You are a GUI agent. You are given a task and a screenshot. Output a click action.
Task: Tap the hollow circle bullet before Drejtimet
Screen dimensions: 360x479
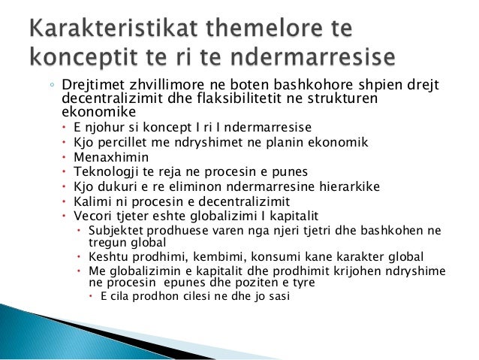52,87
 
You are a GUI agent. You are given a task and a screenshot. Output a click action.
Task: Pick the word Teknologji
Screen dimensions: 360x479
106,172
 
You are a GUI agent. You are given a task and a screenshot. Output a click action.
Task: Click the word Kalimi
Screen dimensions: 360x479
92,201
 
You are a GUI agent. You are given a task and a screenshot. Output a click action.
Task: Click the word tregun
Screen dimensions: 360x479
107,242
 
